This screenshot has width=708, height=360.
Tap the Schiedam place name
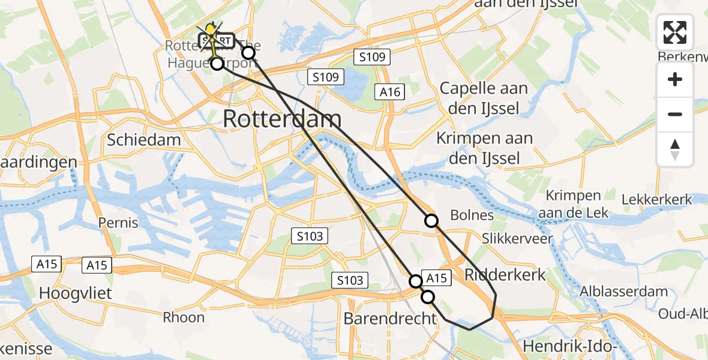[144, 140]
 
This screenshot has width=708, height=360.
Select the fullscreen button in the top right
[675, 32]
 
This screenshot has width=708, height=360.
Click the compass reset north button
[675, 149]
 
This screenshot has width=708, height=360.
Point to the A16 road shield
[389, 92]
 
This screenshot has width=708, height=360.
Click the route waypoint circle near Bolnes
[431, 221]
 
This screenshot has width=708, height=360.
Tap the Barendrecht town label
[391, 318]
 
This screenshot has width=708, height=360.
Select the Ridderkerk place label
[506, 275]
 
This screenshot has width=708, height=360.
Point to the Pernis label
[118, 223]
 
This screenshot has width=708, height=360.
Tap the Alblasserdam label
[624, 292]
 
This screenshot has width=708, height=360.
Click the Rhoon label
[184, 317]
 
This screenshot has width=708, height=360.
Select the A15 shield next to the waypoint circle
[436, 277]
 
